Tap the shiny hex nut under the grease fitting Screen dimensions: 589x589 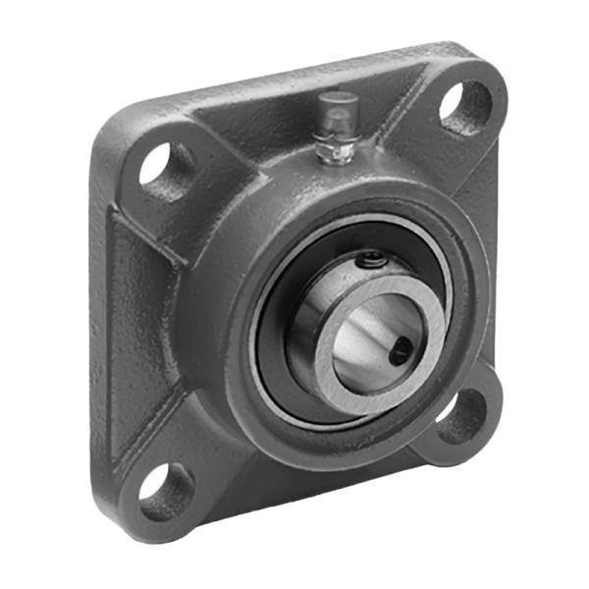coord(338,149)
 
